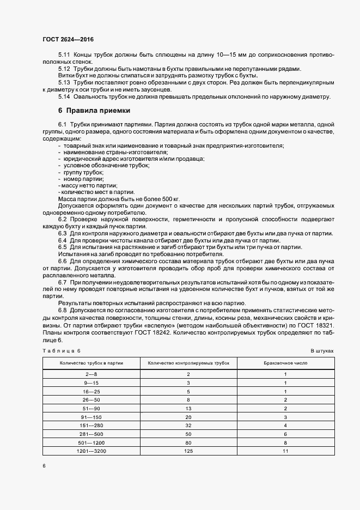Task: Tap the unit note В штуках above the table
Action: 322,351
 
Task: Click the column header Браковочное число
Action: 285,362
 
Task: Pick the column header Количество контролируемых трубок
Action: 188,362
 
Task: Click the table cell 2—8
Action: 91,374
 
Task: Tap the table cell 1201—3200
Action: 91,451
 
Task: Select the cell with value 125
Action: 188,451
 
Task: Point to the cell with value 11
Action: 285,451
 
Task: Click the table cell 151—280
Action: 91,426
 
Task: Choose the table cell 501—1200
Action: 91,442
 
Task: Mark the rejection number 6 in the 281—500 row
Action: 285,434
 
